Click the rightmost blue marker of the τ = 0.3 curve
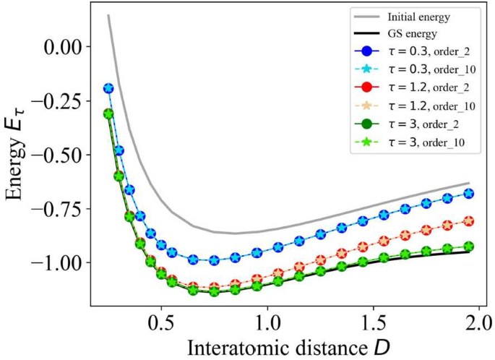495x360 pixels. point(469,193)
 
